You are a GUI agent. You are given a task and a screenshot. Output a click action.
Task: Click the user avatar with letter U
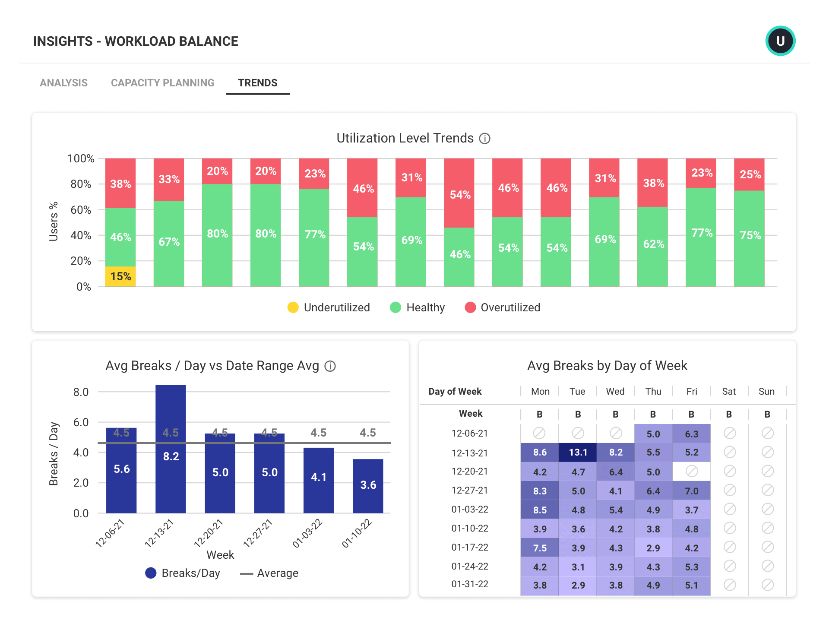[x=780, y=41]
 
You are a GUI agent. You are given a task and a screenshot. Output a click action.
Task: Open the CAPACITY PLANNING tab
[x=162, y=83]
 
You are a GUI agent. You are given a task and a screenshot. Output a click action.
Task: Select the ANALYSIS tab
[x=63, y=83]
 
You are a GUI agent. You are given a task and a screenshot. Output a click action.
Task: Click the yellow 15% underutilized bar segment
[x=120, y=276]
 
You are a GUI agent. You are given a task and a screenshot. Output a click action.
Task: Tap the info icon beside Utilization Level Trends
[x=485, y=139]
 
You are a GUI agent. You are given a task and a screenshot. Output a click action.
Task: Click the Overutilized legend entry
[x=503, y=307]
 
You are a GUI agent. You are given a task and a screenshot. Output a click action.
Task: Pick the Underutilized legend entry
[x=329, y=307]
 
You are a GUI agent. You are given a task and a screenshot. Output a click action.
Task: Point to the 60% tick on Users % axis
[x=81, y=210]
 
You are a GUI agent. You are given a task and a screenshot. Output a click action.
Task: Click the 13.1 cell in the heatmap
[x=578, y=452]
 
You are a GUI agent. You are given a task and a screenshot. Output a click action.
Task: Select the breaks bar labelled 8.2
[x=171, y=449]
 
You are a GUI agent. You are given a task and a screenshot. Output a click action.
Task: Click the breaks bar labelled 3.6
[x=368, y=486]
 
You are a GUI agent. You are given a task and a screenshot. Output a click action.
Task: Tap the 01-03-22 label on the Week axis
[x=307, y=534]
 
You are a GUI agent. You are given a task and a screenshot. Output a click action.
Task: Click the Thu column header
[x=653, y=391]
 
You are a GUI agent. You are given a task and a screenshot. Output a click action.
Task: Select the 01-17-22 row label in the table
[x=470, y=547]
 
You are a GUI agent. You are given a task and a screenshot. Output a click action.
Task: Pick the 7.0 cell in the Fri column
[x=691, y=491]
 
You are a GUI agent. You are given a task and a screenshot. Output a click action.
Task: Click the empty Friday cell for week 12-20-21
[x=691, y=471]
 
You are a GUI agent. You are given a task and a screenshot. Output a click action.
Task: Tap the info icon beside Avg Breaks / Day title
[x=330, y=366]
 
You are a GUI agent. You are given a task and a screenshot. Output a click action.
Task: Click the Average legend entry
[x=269, y=573]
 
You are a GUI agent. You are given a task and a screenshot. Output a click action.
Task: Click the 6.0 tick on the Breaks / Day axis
[x=81, y=422]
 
